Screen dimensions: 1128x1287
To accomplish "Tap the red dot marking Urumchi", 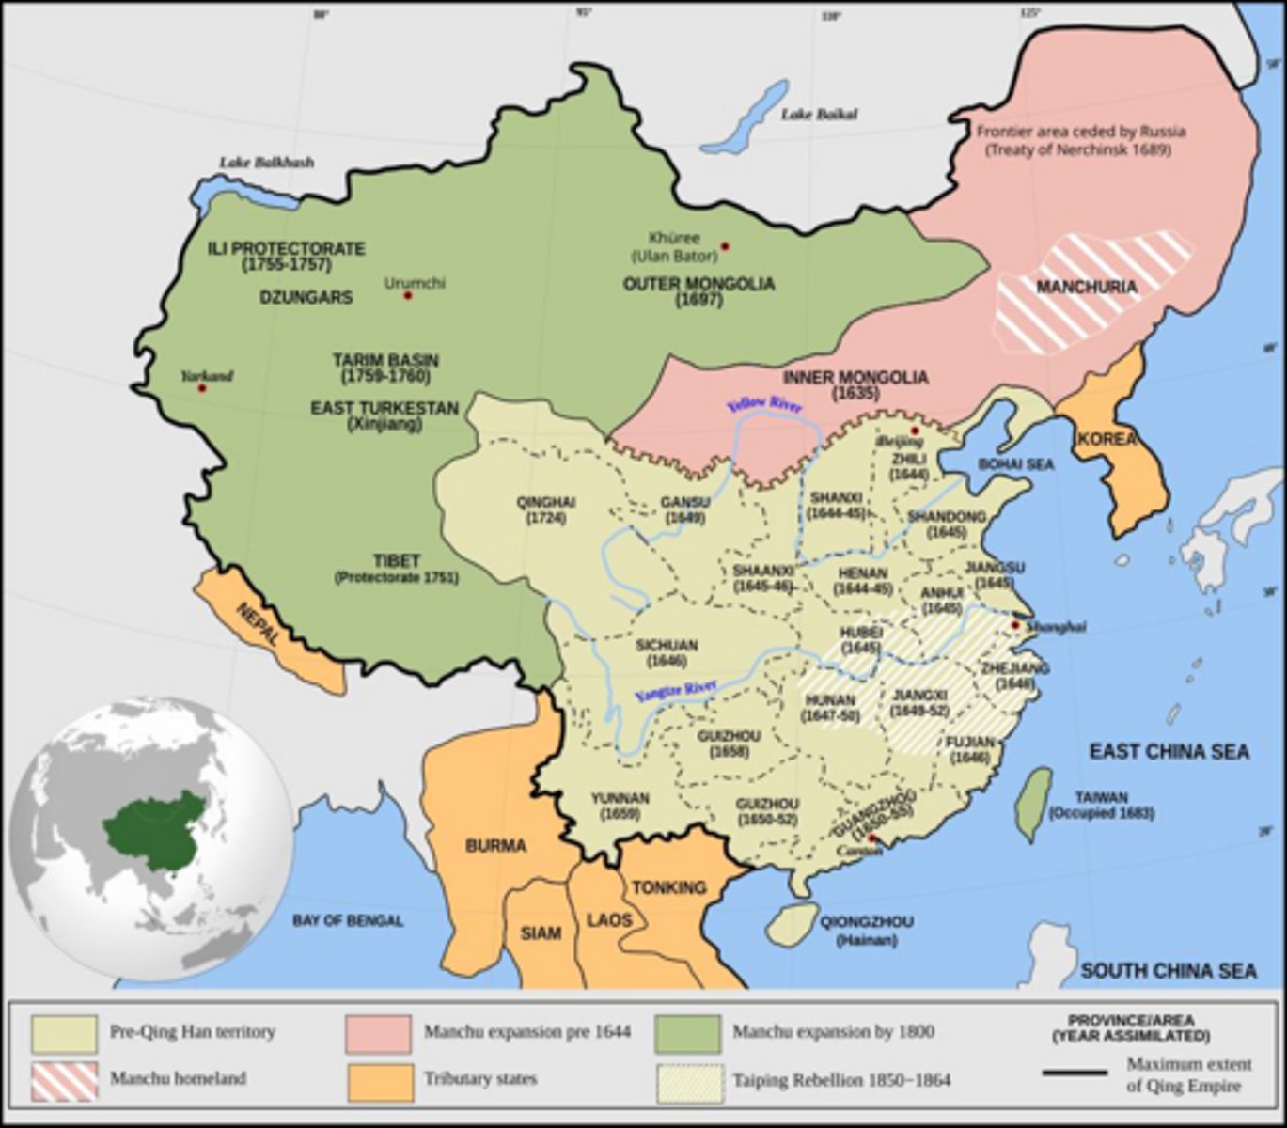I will point(408,296).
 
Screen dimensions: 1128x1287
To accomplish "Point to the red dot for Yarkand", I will point(202,387).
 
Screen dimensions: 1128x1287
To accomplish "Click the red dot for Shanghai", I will point(1015,625).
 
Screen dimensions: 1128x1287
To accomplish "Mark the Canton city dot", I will point(872,838).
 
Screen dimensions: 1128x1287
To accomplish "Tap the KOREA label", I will point(1107,439).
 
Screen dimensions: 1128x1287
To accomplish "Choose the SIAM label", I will point(541,932).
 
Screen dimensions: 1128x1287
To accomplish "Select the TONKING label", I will point(668,887).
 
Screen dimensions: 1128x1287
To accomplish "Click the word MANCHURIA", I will point(1086,287).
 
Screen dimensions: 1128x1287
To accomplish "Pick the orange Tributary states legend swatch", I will point(379,1080).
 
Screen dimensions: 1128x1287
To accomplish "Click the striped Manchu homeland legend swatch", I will point(63,1080).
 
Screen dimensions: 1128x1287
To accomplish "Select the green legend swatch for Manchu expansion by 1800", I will point(689,1032).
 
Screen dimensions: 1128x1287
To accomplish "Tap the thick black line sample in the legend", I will point(1075,1073).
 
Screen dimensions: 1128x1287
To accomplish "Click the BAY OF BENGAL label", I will point(347,921).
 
